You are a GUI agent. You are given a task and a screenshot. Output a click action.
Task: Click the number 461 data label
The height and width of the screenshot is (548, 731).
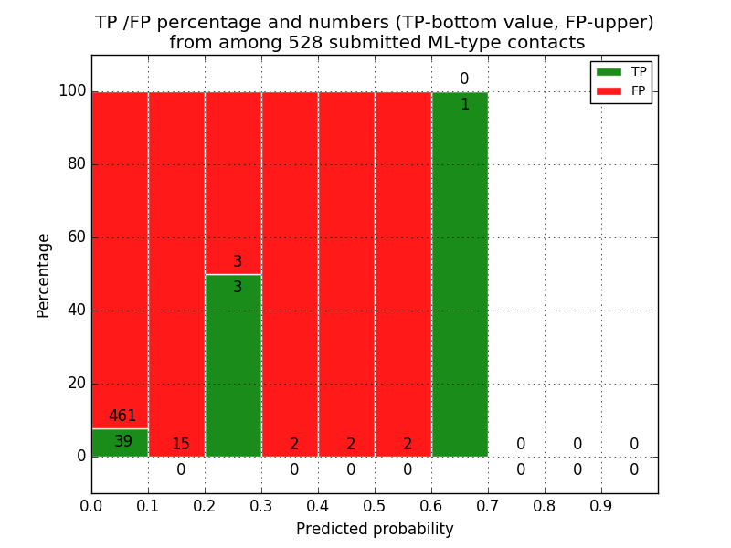tap(122, 416)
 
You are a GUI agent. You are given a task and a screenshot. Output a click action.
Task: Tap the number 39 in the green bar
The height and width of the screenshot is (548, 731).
tap(123, 442)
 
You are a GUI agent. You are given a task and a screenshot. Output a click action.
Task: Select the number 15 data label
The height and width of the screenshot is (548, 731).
tap(181, 445)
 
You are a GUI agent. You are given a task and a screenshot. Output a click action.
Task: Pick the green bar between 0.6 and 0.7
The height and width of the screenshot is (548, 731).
tap(460, 274)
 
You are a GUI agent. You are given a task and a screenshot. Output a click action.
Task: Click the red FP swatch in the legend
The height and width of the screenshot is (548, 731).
tap(609, 90)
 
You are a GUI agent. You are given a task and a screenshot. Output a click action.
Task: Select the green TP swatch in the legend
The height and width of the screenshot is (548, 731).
tap(609, 71)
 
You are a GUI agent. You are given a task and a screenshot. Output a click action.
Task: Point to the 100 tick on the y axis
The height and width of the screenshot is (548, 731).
tap(72, 91)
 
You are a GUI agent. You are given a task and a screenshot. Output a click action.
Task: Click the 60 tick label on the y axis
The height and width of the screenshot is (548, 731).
tap(76, 237)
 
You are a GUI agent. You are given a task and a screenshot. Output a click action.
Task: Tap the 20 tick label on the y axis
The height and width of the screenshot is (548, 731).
tap(76, 384)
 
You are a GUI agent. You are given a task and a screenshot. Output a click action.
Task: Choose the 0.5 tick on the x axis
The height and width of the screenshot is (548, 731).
tap(375, 504)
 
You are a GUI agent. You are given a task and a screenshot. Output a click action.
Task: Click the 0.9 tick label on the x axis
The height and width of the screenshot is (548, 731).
tap(601, 504)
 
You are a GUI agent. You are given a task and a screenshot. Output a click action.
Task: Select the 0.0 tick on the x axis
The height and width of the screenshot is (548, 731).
tap(91, 504)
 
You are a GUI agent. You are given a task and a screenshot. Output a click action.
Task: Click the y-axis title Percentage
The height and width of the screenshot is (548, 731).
tap(43, 275)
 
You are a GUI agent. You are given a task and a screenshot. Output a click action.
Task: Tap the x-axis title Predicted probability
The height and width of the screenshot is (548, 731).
tap(375, 529)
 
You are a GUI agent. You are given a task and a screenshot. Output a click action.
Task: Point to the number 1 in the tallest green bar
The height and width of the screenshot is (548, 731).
tap(465, 105)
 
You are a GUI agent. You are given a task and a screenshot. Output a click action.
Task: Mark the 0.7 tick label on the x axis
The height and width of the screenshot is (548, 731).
tap(488, 504)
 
